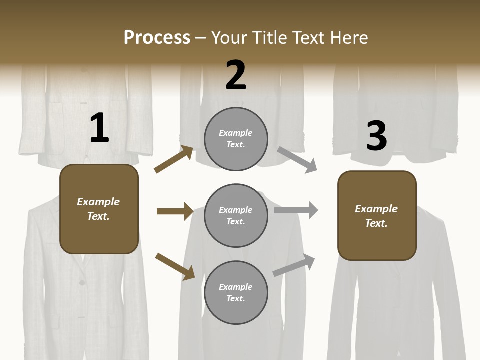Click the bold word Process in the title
[157, 38]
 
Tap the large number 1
[99, 128]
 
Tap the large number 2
[236, 75]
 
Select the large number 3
[376, 136]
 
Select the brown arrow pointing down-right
[175, 266]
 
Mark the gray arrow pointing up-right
[294, 265]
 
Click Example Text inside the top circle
[236, 138]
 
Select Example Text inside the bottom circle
[236, 292]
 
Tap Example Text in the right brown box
[376, 216]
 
